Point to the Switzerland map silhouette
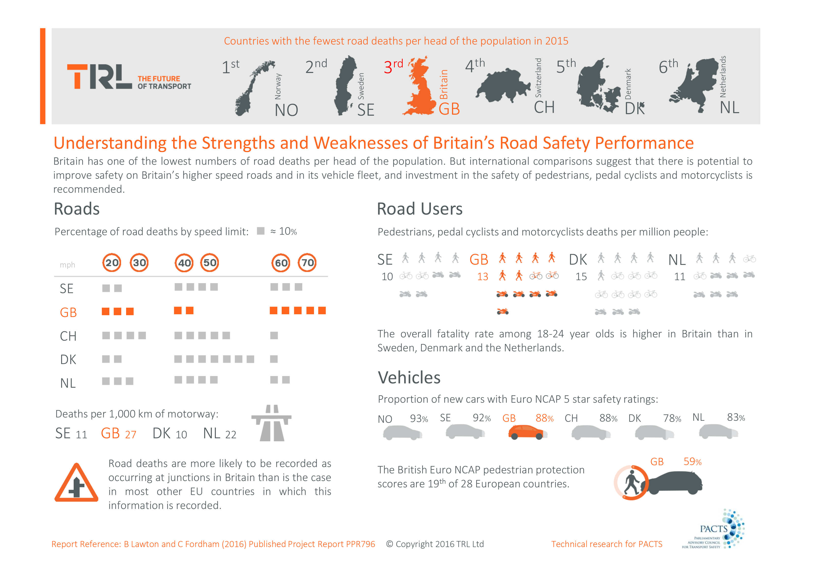tap(501, 85)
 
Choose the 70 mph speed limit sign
tap(307, 263)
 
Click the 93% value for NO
tap(419, 419)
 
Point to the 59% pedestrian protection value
tap(692, 462)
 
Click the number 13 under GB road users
tap(483, 277)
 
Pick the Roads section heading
tap(77, 209)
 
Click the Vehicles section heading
tap(409, 378)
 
